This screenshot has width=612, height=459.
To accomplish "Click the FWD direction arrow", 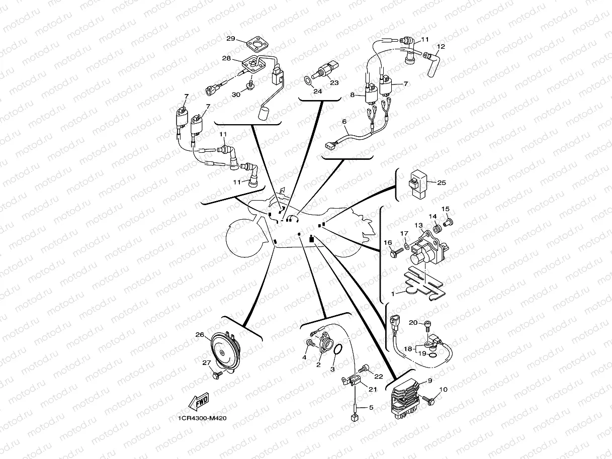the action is [199, 402].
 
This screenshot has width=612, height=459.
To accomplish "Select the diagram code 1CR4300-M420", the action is [202, 418].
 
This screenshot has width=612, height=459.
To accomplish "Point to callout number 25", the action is [442, 183].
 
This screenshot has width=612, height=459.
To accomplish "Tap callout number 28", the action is [226, 58].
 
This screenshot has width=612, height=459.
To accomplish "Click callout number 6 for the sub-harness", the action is [344, 122].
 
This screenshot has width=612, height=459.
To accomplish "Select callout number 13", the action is [418, 225].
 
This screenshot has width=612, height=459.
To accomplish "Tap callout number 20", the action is [413, 322].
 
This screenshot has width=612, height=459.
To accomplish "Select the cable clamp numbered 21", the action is [351, 381].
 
